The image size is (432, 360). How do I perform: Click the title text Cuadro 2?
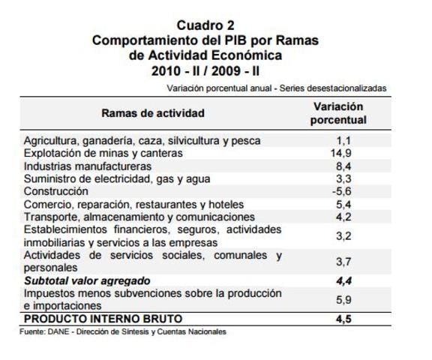click(x=205, y=25)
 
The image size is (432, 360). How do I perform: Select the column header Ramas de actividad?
click(x=153, y=113)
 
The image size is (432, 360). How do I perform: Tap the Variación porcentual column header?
click(x=337, y=113)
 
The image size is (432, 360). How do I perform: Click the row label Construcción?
click(x=56, y=191)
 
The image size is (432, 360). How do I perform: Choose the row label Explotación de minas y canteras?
click(x=103, y=153)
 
